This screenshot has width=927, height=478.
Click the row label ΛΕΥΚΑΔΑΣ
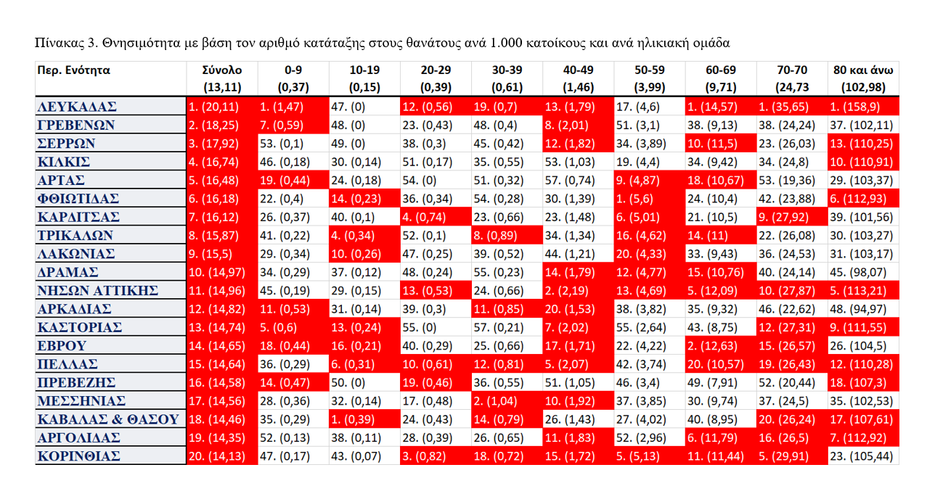coord(77,107)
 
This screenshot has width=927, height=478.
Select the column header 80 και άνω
coord(863,71)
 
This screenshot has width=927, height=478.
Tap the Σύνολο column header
coord(222,71)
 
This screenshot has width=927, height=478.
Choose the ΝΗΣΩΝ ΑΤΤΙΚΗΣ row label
coord(98,290)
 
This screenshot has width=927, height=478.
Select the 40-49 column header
coord(579,71)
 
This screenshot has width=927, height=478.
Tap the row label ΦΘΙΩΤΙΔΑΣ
coord(78,198)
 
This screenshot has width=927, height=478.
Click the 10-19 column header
coord(364,71)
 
